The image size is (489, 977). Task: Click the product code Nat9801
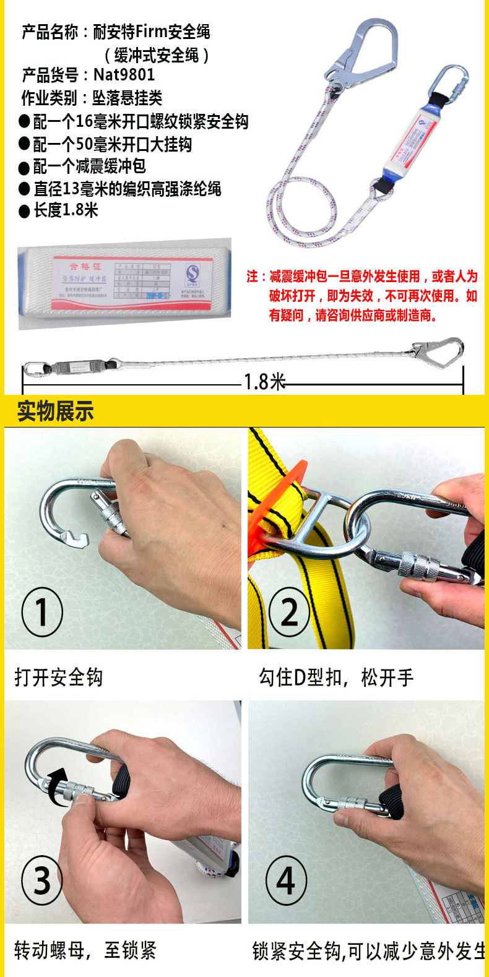tap(124, 75)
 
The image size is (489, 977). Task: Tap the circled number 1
tap(41, 611)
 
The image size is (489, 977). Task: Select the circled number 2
tap(289, 611)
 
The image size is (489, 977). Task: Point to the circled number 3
tap(41, 879)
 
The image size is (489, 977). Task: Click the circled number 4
tap(286, 879)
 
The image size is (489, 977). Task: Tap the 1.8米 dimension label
tap(264, 382)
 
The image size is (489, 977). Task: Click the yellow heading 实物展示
tap(55, 411)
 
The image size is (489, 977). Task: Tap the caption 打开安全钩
tap(59, 678)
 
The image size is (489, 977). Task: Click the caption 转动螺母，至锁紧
tap(85, 950)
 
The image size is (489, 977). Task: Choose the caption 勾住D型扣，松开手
tap(336, 678)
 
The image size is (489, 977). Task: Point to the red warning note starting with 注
tap(362, 296)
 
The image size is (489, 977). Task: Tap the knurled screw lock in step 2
tap(418, 564)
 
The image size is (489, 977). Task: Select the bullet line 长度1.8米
tap(66, 210)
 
